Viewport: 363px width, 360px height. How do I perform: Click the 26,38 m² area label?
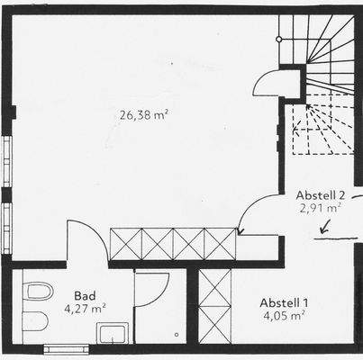point(144,114)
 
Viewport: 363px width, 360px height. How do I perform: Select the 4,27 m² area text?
point(86,308)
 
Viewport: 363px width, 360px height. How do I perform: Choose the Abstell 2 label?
point(321,194)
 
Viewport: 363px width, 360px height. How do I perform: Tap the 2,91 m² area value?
point(320,207)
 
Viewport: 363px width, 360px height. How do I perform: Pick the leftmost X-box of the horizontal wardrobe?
point(125,244)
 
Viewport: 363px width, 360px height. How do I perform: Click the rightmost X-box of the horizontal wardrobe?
point(220,244)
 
